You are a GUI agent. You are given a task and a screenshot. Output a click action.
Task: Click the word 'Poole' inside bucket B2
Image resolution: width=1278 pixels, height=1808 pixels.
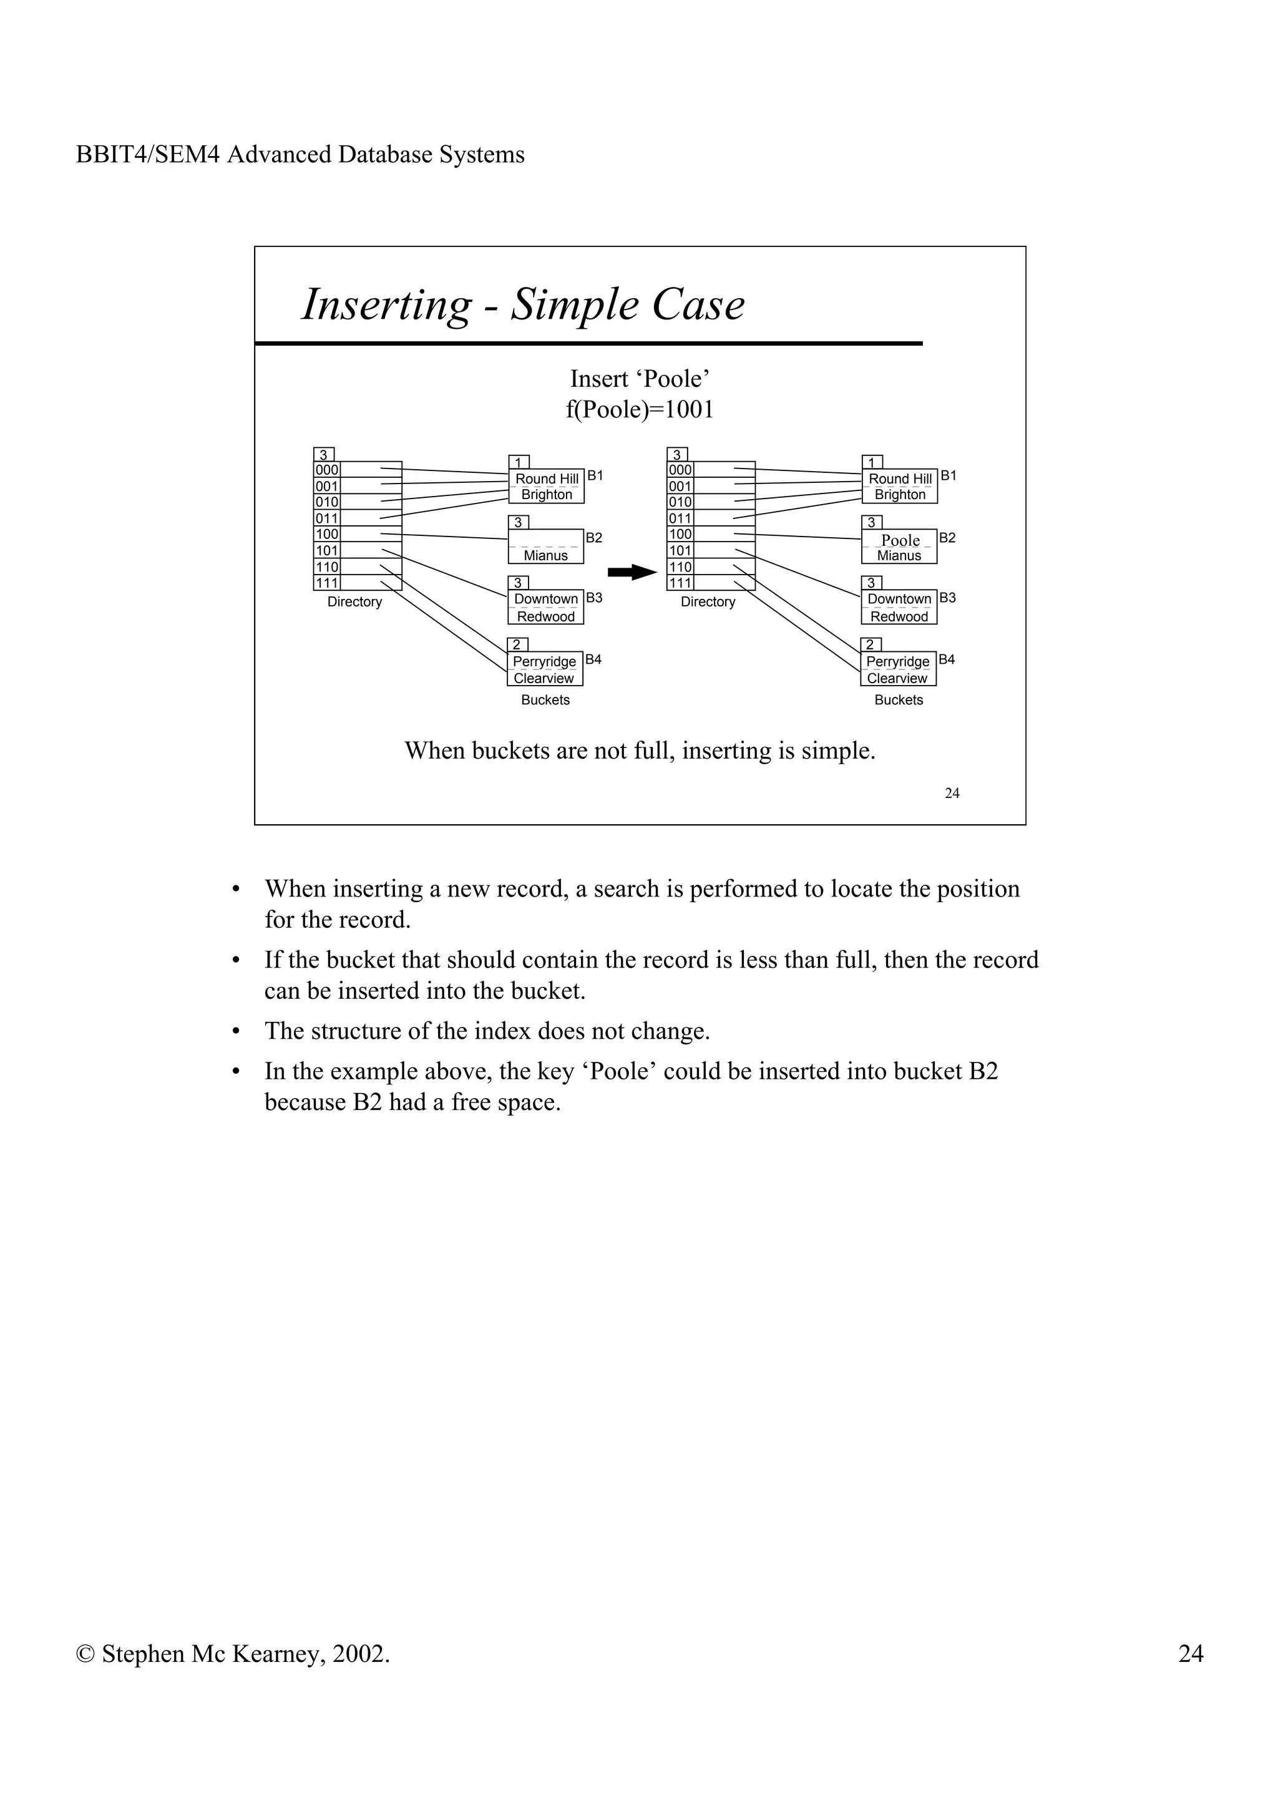click(x=900, y=540)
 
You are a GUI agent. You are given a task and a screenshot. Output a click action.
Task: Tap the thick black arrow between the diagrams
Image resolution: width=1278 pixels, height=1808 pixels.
click(x=632, y=573)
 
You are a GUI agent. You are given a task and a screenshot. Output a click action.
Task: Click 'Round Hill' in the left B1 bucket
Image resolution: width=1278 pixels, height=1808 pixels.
click(x=547, y=479)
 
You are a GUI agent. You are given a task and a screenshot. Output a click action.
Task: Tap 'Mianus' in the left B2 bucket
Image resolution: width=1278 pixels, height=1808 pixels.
click(x=545, y=555)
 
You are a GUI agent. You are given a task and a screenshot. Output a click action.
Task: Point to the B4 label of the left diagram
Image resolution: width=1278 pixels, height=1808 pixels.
click(x=593, y=659)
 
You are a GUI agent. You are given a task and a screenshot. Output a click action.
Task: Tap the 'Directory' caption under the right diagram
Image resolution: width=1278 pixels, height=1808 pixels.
click(x=708, y=601)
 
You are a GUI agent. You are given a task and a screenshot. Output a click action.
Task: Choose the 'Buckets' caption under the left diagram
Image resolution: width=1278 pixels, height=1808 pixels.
click(x=545, y=700)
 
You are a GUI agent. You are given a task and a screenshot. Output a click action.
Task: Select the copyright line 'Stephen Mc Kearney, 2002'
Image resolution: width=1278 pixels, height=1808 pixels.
click(x=233, y=1654)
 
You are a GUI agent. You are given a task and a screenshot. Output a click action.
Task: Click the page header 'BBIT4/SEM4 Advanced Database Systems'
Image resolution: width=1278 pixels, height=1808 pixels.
click(x=300, y=154)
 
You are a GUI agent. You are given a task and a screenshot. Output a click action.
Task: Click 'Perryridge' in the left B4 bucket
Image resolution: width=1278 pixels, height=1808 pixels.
click(x=544, y=661)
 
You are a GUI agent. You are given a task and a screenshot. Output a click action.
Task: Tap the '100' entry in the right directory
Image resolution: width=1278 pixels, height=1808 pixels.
click(x=680, y=534)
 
